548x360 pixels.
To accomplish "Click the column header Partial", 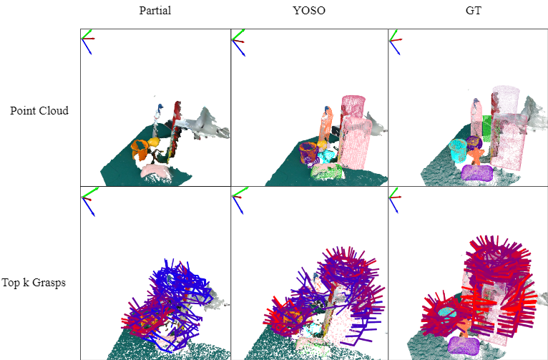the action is click(155, 11).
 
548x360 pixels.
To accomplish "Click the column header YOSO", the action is click(309, 11).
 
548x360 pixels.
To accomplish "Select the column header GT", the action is click(474, 11).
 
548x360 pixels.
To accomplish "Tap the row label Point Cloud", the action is click(39, 110).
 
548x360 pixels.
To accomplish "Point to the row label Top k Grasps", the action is click(34, 283).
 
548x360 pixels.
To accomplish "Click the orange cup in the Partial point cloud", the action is click(140, 150).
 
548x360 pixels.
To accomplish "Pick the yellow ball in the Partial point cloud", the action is click(153, 142).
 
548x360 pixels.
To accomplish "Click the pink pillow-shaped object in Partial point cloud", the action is click(155, 171).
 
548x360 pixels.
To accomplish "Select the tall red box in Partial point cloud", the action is click(174, 131).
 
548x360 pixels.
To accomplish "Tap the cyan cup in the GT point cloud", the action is click(458, 150).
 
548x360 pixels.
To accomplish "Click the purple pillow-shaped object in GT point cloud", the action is click(477, 172).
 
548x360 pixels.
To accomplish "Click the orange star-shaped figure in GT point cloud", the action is click(476, 156).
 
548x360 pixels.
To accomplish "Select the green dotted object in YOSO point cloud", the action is click(327, 172).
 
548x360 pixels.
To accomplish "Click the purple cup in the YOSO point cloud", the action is click(309, 152).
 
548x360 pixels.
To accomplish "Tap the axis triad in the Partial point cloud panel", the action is click(88, 42).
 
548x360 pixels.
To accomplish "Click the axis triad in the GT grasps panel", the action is click(395, 200).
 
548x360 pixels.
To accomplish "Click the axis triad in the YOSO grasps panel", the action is click(240, 200).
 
